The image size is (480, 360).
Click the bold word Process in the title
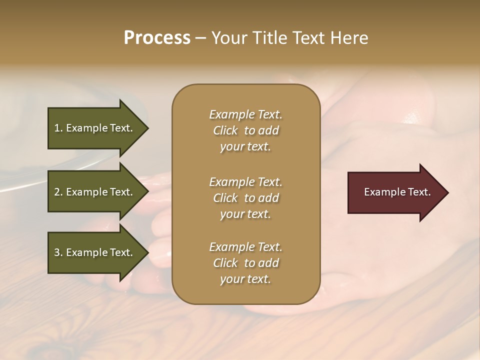click(x=157, y=38)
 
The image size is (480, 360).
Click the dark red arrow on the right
click(x=395, y=192)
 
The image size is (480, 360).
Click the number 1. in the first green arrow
click(x=58, y=128)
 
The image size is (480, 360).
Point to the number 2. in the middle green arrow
click(x=58, y=192)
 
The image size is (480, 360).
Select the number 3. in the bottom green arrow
click(x=58, y=252)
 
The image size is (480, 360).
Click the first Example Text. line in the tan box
click(x=245, y=114)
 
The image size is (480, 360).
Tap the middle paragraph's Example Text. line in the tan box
click(x=245, y=182)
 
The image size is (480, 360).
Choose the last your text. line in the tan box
click(x=245, y=279)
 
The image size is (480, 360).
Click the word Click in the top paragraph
click(x=225, y=131)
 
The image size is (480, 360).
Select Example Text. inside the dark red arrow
click(x=397, y=192)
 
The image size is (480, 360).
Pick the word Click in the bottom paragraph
click(x=225, y=263)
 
